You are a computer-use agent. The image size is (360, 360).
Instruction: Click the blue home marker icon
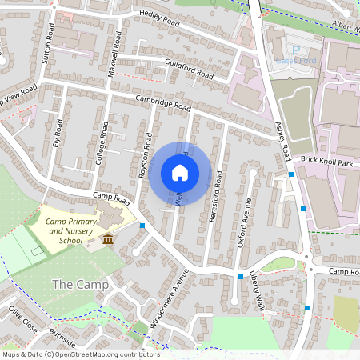click(x=180, y=173)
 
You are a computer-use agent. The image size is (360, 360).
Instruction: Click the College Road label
click(x=102, y=143)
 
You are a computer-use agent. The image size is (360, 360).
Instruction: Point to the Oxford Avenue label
click(x=243, y=222)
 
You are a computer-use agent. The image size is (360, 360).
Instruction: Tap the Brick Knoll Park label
click(x=326, y=162)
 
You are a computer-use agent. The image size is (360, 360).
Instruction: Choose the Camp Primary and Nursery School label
click(x=66, y=230)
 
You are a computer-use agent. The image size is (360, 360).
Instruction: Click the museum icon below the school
click(x=107, y=240)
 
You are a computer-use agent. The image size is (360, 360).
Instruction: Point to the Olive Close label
click(x=22, y=318)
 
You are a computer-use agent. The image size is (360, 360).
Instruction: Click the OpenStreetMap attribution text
click(x=80, y=354)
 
